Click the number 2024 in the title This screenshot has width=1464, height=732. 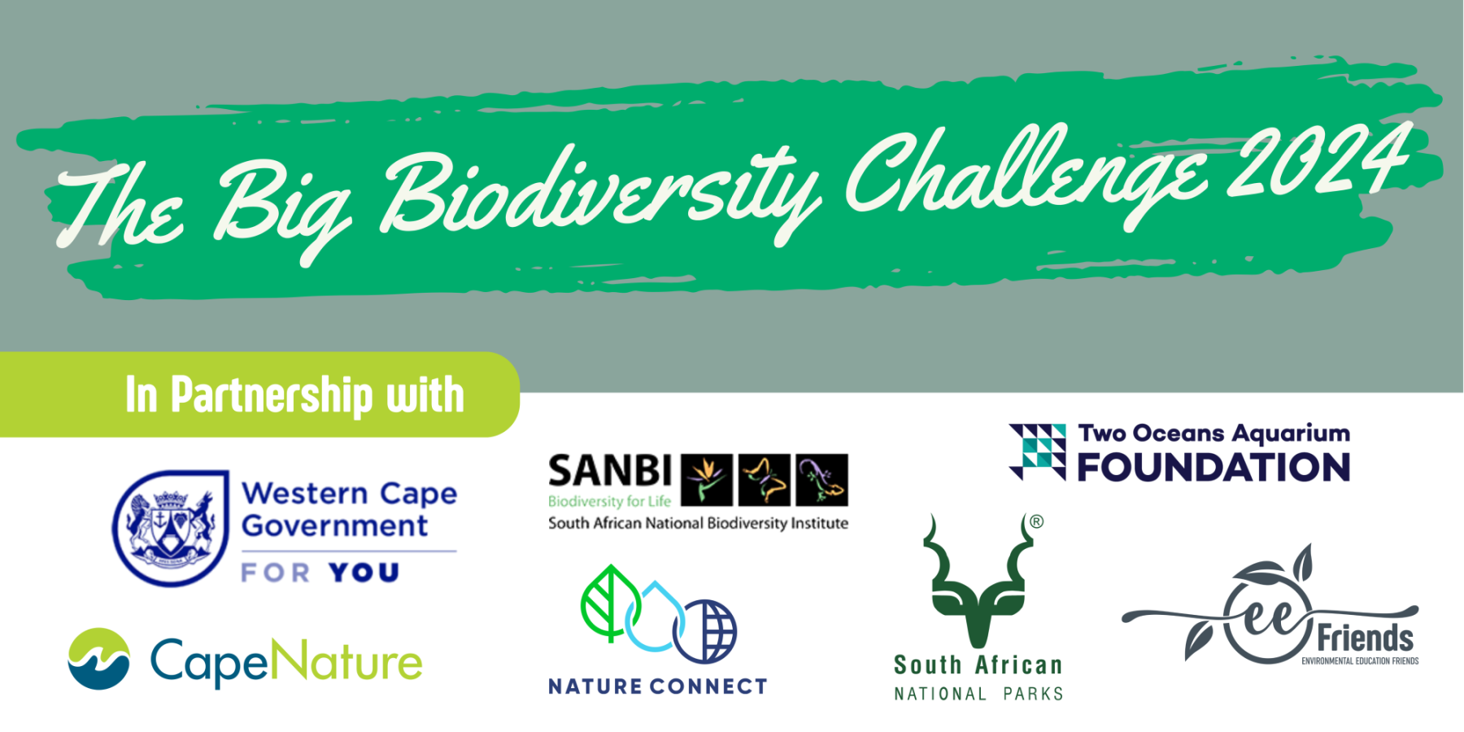click(x=1318, y=163)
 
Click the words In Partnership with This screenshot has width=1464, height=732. click(x=294, y=395)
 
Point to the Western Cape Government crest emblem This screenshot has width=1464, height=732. click(x=171, y=529)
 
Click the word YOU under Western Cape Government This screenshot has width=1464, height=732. click(x=364, y=573)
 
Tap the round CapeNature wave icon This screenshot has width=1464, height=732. click(x=98, y=659)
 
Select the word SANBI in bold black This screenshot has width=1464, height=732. click(x=610, y=472)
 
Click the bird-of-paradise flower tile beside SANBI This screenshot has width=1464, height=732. click(x=706, y=480)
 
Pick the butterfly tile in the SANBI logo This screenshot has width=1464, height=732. click(x=764, y=480)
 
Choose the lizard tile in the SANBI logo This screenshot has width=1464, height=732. click(x=821, y=480)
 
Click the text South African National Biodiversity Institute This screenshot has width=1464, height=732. click(x=698, y=523)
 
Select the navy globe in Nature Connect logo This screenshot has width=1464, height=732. click(x=706, y=631)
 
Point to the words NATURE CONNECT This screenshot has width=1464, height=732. click(x=657, y=686)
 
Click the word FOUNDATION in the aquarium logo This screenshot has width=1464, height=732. click(x=1213, y=468)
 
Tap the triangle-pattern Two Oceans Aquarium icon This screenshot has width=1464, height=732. click(x=1038, y=451)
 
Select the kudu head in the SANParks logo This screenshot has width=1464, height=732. click(x=979, y=582)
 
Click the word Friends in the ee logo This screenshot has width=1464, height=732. click(x=1365, y=638)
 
